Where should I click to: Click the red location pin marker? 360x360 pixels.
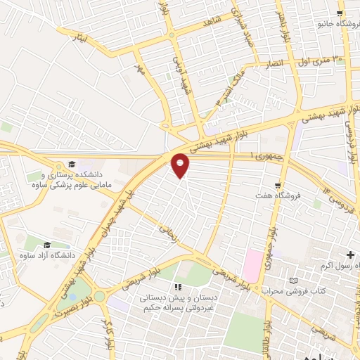coord(181,165)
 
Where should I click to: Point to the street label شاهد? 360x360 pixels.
coord(211,24)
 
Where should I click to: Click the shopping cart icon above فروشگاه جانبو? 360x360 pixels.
coord(340,13)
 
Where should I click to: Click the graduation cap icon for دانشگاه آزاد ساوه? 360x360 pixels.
coord(47,245)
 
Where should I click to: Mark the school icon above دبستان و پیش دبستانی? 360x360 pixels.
coord(178,287)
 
